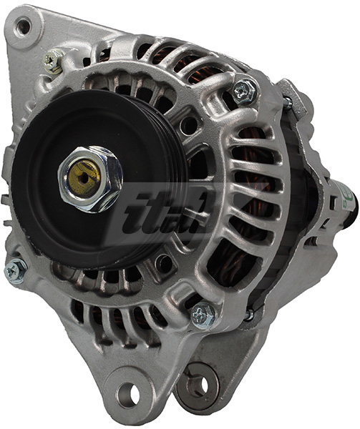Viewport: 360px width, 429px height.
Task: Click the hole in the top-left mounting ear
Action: (x=24, y=27)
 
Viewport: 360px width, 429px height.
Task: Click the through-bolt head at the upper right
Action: (x=245, y=90)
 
